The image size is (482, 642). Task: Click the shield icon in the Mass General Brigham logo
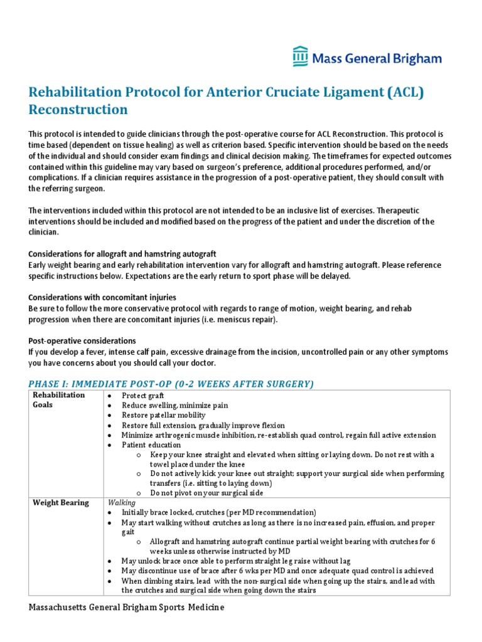click(x=300, y=57)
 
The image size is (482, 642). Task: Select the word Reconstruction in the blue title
click(x=78, y=110)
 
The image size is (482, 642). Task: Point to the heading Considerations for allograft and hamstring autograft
click(x=122, y=254)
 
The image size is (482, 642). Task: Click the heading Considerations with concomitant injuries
click(x=102, y=297)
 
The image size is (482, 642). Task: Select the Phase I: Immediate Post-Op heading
click(x=171, y=384)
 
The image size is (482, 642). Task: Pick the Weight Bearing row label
click(x=61, y=503)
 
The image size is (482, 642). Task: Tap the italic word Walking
click(x=121, y=502)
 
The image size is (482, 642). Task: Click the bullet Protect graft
click(x=144, y=396)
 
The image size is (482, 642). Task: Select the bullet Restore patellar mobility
click(x=164, y=415)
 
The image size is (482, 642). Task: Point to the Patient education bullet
click(x=151, y=445)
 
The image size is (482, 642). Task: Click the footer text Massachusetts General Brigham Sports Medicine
click(x=127, y=608)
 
